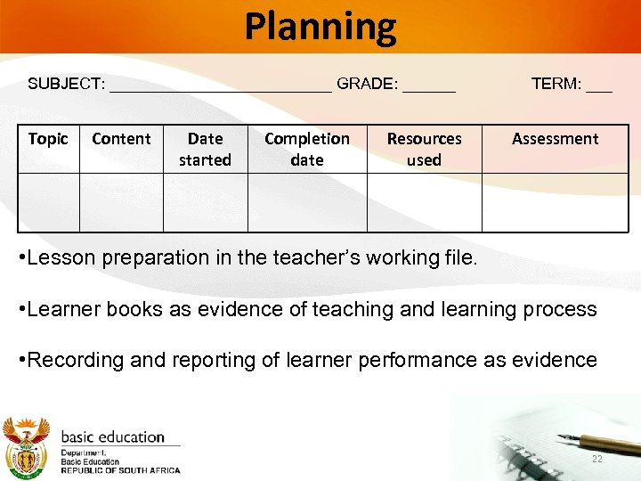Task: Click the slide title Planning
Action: pos(320,27)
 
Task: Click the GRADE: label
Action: pos(368,85)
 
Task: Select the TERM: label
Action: pos(556,85)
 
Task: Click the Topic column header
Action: pos(48,139)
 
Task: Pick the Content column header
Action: pos(121,139)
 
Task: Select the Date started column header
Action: pos(205,150)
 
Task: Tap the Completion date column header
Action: pos(307,150)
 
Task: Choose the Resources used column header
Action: pos(424,150)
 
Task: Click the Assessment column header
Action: pos(555,139)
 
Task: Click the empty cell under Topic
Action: pos(49,202)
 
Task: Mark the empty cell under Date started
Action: pos(205,202)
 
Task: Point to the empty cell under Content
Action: pos(121,202)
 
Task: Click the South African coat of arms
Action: pos(27,445)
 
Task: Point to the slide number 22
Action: pos(596,460)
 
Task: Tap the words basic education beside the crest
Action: pos(113,437)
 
